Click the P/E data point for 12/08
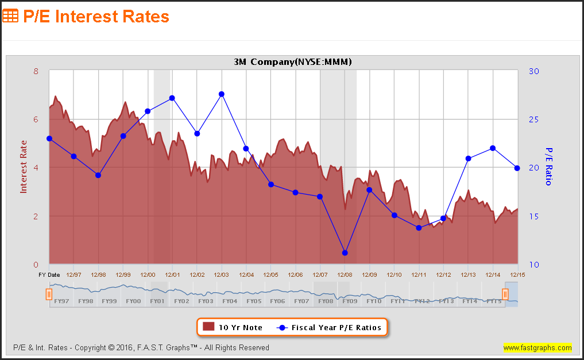coord(345,253)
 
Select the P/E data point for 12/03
coord(222,94)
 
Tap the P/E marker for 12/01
coord(172,98)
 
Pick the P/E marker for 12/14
coord(493,148)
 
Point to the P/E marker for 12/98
coord(98,175)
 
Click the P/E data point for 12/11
coord(419,228)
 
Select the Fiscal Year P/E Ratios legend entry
coord(330,327)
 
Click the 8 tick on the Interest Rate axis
coord(36,71)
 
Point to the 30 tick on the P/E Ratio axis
coord(533,71)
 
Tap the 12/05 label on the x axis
coord(271,274)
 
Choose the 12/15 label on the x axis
coord(517,274)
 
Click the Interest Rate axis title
coord(24,167)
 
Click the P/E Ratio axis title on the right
coord(548,167)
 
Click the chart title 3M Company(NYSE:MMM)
coord(293,62)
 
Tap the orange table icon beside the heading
coord(10,16)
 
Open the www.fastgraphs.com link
coord(537,347)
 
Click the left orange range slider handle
coord(49,295)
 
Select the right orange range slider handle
coord(505,295)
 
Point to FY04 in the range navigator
coord(230,301)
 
